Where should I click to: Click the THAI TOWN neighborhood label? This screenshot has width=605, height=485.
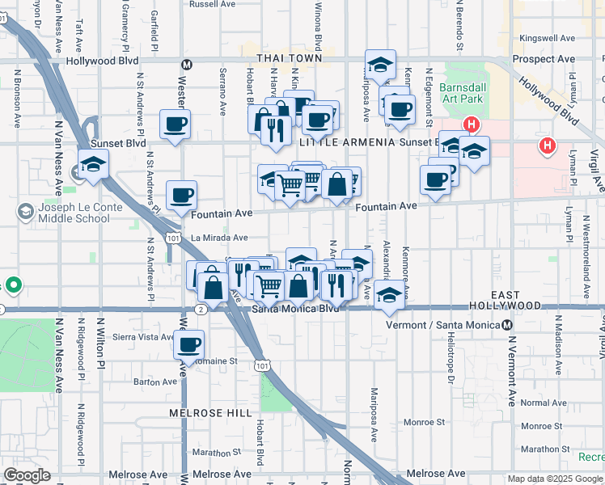pyautogui.click(x=289, y=58)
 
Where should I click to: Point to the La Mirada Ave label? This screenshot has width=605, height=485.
pyautogui.click(x=219, y=238)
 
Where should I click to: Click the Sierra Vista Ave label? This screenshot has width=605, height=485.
pyautogui.click(x=144, y=337)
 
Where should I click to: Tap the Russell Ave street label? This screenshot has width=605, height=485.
pyautogui.click(x=212, y=4)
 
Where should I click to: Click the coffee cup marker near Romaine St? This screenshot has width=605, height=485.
pyautogui.click(x=189, y=345)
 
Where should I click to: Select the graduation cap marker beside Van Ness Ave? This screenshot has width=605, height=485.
pyautogui.click(x=94, y=163)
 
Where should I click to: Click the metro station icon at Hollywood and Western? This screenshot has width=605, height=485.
pyautogui.click(x=187, y=64)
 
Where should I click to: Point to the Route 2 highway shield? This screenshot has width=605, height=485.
pyautogui.click(x=201, y=309)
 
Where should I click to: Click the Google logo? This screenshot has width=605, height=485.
pyautogui.click(x=27, y=475)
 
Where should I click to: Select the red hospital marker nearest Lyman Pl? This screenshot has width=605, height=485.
pyautogui.click(x=548, y=145)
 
